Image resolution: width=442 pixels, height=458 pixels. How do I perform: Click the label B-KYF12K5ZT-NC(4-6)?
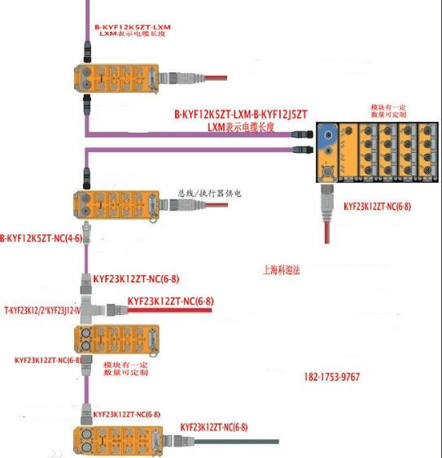tap(40, 238)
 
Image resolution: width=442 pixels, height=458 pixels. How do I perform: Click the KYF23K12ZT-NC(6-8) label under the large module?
tap(376, 207)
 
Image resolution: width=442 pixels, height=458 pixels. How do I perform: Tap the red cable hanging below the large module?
tap(326, 224)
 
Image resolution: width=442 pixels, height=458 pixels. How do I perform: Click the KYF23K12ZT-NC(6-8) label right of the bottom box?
tap(213, 426)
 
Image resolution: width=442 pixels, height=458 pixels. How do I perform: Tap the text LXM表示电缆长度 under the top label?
tap(134, 35)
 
